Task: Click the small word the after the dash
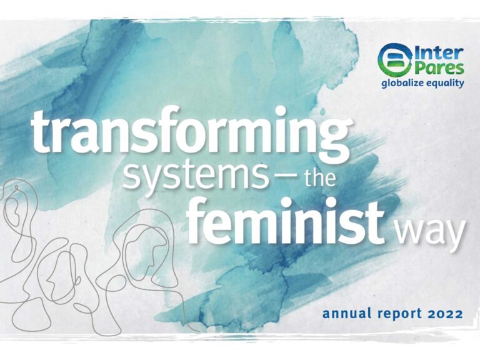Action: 318,176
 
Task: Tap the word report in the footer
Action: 401,314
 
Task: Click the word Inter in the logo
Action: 438,54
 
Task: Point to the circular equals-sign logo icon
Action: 395,60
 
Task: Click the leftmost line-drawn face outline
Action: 18,221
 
